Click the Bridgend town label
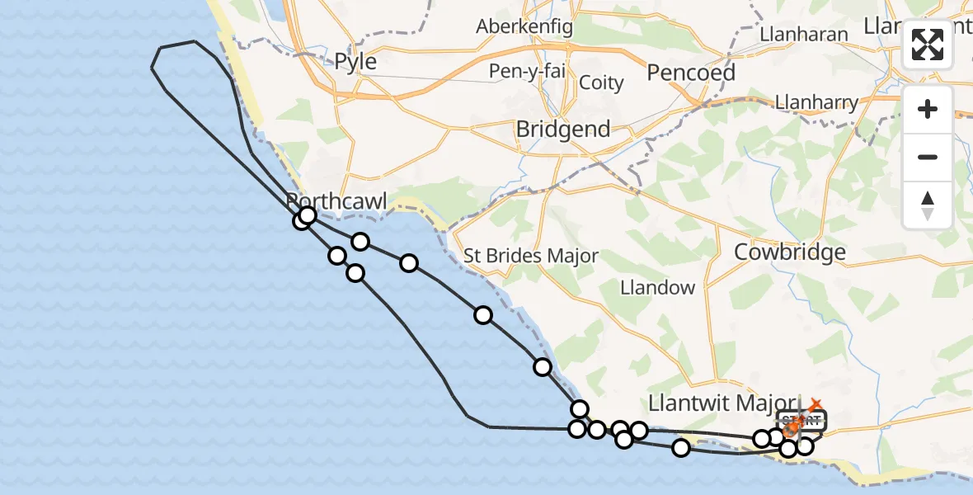563,130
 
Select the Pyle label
355,62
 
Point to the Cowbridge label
789,252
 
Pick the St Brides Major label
530,256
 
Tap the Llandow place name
657,288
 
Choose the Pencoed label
691,73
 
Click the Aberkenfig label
524,26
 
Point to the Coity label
601,82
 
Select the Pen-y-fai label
527,71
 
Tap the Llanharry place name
816,103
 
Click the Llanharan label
804,34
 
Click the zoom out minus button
928,157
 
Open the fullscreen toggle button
928,45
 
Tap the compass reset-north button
928,205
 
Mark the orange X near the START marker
815,405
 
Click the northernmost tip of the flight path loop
194,41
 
